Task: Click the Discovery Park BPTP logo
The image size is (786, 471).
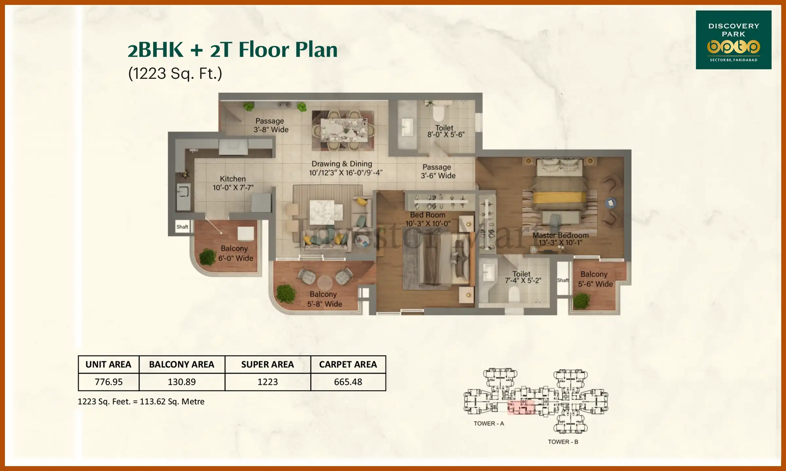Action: (733, 40)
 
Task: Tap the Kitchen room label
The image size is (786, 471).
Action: (233, 183)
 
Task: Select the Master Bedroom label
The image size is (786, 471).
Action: (560, 239)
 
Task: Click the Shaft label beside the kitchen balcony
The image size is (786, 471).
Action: (182, 227)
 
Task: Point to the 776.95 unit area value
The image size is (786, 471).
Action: (108, 382)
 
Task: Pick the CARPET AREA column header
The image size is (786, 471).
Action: (348, 364)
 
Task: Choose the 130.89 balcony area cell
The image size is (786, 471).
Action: (182, 382)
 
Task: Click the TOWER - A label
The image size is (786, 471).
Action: (489, 424)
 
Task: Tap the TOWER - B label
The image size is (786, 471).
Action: (563, 442)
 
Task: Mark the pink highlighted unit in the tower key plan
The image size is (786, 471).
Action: (521, 408)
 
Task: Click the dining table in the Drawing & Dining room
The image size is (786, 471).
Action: (344, 130)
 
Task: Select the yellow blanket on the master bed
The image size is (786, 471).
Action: (559, 198)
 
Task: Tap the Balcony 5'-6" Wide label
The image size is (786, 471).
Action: (595, 279)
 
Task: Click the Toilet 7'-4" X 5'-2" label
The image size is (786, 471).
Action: (523, 277)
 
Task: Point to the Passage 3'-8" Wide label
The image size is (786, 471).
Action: (271, 125)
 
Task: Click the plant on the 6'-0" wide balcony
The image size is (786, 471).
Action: (208, 256)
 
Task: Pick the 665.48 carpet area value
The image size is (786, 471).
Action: (348, 382)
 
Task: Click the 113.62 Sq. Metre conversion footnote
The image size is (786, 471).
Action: (141, 402)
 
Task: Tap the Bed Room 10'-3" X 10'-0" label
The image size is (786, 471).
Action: (428, 219)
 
